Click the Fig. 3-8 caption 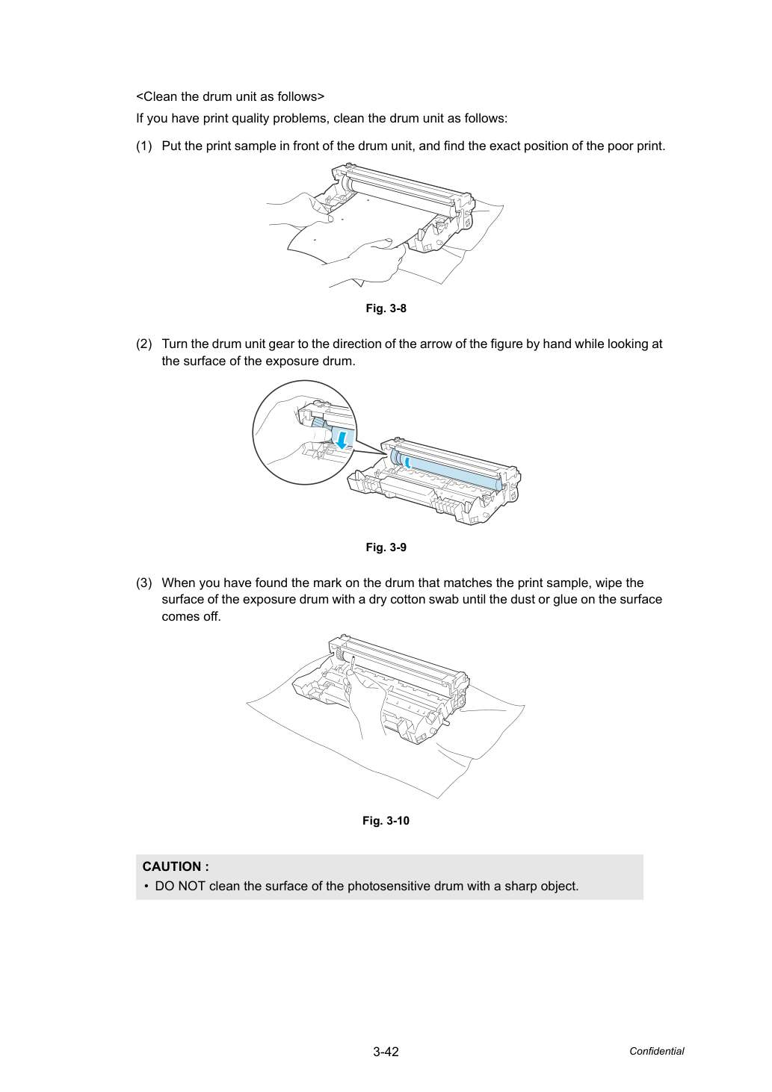[386, 308]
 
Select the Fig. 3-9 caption [386, 547]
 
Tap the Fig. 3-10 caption [386, 821]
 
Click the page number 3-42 [386, 1052]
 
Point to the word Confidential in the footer [656, 1052]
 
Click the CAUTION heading [176, 866]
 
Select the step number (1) [144, 146]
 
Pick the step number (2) [144, 344]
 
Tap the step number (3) [144, 583]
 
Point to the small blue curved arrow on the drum [408, 462]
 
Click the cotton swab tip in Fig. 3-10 [351, 660]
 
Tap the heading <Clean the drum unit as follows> [230, 96]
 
